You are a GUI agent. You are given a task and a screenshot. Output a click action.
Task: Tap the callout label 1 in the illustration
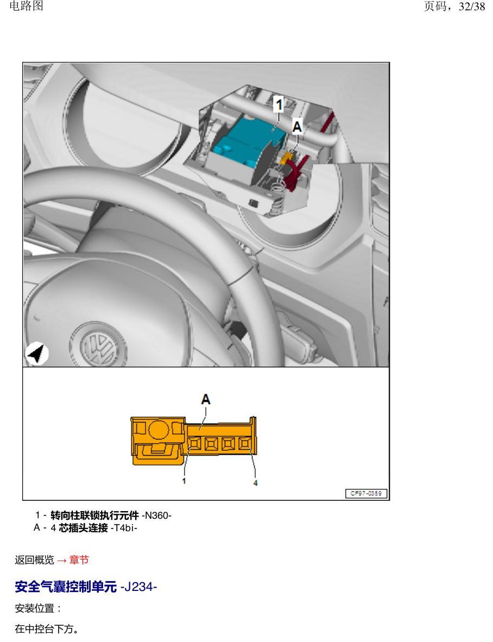click(279, 105)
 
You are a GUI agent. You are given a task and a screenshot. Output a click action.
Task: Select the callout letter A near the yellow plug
click(297, 127)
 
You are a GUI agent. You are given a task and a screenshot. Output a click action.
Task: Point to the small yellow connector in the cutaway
click(286, 157)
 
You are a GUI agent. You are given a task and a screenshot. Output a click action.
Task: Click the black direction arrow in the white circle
click(36, 354)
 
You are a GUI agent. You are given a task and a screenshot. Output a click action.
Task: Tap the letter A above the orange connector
click(206, 399)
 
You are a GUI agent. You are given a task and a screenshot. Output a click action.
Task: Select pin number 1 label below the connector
click(184, 481)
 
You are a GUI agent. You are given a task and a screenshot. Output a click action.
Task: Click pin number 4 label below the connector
click(255, 483)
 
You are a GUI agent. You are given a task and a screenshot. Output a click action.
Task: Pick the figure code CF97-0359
click(366, 493)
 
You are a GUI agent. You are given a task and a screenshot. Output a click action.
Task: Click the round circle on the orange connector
click(159, 430)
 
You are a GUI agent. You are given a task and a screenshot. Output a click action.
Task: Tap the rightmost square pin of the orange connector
click(245, 443)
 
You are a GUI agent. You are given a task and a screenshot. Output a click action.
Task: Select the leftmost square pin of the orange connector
click(195, 443)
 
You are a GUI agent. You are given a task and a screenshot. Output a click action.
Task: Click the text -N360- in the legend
click(156, 515)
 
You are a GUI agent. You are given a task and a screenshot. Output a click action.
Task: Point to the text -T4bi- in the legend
click(124, 528)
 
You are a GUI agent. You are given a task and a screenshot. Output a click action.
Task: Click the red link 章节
click(79, 559)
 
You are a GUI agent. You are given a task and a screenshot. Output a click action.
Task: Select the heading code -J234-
click(138, 587)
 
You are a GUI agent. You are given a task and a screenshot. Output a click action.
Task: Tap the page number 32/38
click(472, 6)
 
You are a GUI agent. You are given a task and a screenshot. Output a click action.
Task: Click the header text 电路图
click(26, 6)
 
